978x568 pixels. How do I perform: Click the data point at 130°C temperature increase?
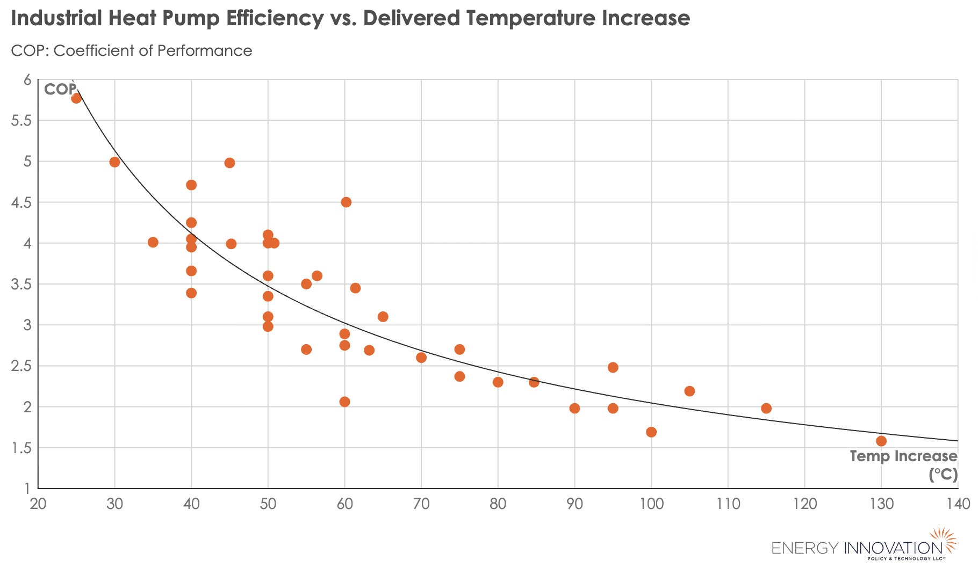tap(881, 441)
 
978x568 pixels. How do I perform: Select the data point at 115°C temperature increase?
tap(766, 409)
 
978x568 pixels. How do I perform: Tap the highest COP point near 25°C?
tap(76, 98)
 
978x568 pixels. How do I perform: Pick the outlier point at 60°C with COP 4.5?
tap(346, 202)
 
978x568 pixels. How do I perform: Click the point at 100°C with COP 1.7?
tap(651, 432)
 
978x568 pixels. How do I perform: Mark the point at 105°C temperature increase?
tap(690, 391)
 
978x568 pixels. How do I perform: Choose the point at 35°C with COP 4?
tap(153, 243)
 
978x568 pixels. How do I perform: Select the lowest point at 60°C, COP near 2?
tap(345, 402)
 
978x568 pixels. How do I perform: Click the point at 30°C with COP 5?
tap(114, 162)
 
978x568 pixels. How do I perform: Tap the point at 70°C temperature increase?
tap(421, 358)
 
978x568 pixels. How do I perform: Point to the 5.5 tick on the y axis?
tap(20, 121)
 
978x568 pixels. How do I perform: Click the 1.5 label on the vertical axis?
tap(20, 448)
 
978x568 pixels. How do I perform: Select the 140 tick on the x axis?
tap(958, 504)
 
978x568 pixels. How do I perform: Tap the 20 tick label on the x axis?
tap(38, 504)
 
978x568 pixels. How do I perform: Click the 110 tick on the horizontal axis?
tap(728, 504)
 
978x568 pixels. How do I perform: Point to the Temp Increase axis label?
tap(903, 457)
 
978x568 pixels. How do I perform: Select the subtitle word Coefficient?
tap(96, 51)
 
